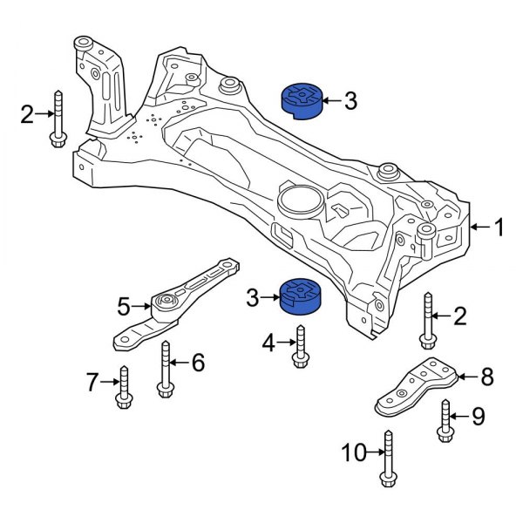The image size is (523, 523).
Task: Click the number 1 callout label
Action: tap(498, 228)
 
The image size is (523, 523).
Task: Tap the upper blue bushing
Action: tap(301, 98)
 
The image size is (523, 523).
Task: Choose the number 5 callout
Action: tap(124, 306)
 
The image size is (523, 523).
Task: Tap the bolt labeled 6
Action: tap(165, 369)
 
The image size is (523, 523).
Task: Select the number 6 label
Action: tap(198, 362)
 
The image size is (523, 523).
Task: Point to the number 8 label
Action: tap(486, 377)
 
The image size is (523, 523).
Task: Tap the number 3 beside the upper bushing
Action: tap(350, 102)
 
